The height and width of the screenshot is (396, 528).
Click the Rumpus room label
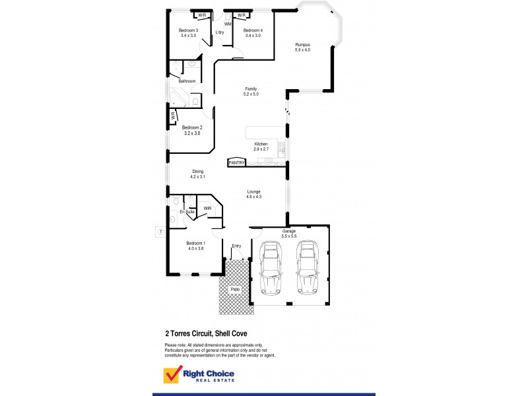click(302, 45)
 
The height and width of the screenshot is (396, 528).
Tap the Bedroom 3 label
click(188, 30)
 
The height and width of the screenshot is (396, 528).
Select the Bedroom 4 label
click(253, 30)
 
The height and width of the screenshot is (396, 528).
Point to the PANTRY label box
click(236, 162)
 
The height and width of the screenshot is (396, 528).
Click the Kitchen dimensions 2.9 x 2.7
click(261, 149)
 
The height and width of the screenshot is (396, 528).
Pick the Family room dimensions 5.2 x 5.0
click(251, 94)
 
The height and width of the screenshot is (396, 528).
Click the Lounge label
click(254, 191)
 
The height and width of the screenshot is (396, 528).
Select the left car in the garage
click(271, 267)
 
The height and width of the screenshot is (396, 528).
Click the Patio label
click(234, 289)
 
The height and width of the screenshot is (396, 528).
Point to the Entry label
click(236, 246)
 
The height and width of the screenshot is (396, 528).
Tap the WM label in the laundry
click(228, 24)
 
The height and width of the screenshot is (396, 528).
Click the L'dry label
click(219, 33)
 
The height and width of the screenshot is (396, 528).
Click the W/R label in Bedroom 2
click(173, 115)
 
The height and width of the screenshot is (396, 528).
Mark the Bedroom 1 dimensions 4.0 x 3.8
click(195, 248)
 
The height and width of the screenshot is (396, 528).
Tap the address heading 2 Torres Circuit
click(205, 334)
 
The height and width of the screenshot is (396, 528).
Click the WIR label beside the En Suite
click(207, 208)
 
